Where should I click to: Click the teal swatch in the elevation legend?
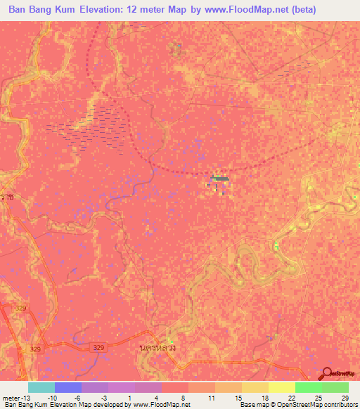tap(41, 387)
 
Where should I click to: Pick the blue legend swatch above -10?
tap(67, 387)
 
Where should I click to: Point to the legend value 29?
tap(344, 398)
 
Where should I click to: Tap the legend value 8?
tap(183, 398)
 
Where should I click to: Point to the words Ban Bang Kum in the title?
tap(41, 10)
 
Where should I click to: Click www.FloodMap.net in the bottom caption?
tap(160, 405)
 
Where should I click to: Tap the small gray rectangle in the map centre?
tap(221, 178)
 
